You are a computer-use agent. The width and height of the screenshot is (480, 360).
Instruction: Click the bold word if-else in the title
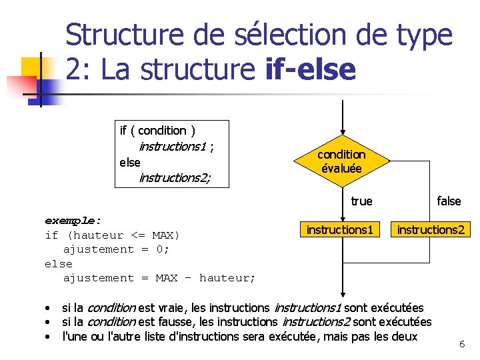click(310, 69)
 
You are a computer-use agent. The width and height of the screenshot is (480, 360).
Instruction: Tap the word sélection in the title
click(262, 35)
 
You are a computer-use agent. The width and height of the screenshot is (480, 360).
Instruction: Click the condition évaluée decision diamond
click(341, 161)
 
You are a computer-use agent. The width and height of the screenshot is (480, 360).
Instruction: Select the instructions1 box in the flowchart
click(340, 230)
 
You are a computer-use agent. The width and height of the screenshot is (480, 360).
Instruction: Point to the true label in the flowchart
click(361, 201)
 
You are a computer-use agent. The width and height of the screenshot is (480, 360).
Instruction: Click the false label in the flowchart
click(449, 201)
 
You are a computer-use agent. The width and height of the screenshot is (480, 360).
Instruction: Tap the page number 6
click(462, 344)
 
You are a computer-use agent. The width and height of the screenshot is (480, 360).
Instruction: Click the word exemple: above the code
click(73, 220)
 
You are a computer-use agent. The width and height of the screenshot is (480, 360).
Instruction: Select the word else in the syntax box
click(129, 162)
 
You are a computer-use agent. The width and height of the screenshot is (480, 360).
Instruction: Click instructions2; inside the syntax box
click(175, 177)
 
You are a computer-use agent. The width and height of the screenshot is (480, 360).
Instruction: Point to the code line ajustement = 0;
click(117, 249)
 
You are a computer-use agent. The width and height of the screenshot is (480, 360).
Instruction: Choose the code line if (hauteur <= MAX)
click(113, 235)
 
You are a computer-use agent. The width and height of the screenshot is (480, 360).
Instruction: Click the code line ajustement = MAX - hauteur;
click(159, 278)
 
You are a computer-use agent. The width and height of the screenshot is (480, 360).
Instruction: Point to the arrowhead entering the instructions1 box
click(341, 218)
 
